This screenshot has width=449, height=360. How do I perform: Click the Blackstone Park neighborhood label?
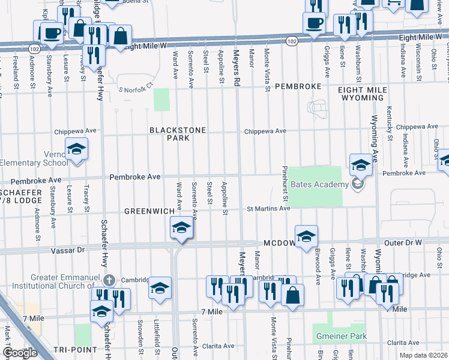coord(178,134)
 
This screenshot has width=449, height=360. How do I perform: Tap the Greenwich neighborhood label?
coord(149,211)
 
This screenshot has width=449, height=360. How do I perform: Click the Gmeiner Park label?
coord(340,337)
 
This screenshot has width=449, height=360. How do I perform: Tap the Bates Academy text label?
coord(319,184)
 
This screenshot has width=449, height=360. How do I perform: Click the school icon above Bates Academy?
coord(360,164)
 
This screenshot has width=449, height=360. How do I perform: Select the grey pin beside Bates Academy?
coord(358,184)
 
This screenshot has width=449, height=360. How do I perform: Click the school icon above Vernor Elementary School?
coord(77,149)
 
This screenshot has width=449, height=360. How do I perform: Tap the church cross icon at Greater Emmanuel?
coord(108,280)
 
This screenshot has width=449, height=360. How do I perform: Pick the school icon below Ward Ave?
coord(181,229)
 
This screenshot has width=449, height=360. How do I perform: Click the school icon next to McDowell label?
coord(306,236)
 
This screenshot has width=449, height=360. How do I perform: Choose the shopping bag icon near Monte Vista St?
coord(292,295)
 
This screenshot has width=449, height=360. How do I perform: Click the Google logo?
coord(20,353)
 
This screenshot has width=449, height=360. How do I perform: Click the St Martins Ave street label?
coord(269,209)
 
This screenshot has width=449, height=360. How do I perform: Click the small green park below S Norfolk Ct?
coord(161,100)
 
